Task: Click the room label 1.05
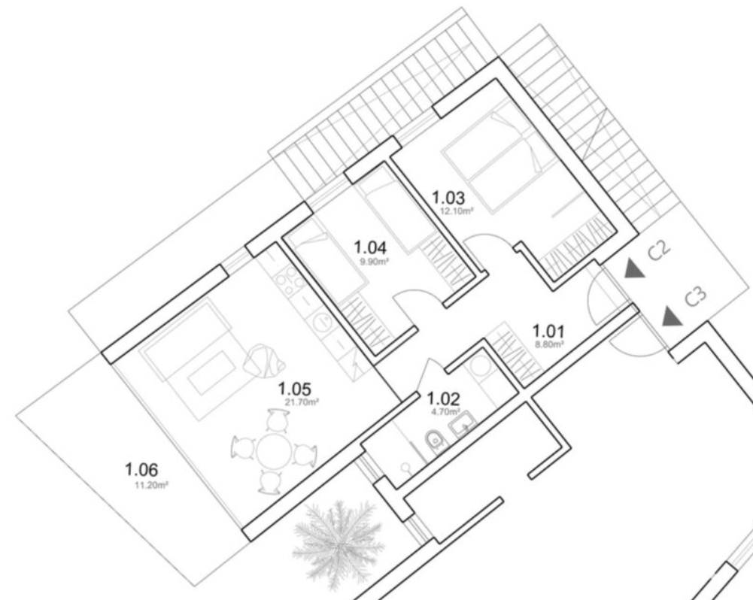294,389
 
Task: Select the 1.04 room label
370,246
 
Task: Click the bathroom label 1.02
442,398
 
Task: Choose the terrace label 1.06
141,471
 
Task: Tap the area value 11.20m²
149,485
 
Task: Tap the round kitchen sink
323,323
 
